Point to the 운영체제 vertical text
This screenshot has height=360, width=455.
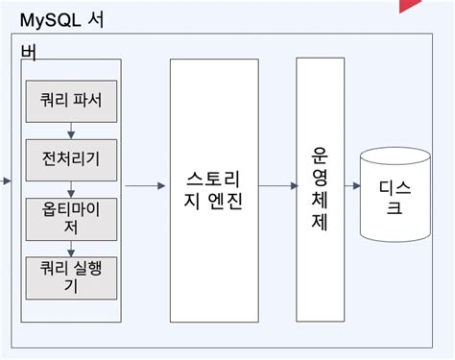pyautogui.click(x=321, y=190)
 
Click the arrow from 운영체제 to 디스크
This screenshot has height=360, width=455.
pyautogui.click(x=350, y=186)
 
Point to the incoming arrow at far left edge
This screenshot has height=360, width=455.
pyautogui.click(x=6, y=180)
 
